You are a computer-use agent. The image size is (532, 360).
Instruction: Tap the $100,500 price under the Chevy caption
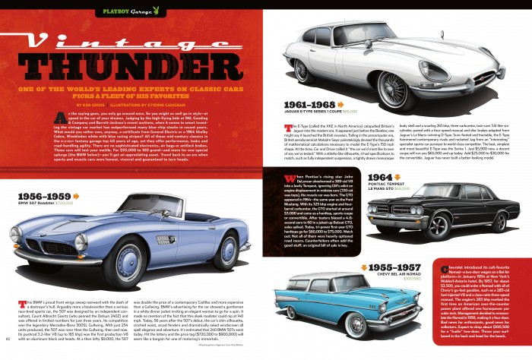tap(412, 279)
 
